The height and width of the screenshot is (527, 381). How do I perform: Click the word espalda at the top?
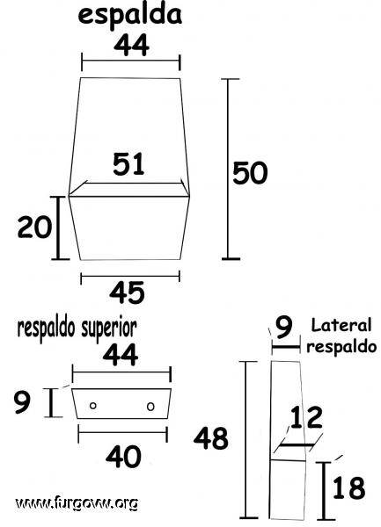[x=130, y=16]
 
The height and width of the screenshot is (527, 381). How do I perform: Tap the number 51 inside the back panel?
[x=128, y=164]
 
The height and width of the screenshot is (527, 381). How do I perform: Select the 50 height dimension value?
[x=250, y=173]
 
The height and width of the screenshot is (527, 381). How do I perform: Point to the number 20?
[x=34, y=227]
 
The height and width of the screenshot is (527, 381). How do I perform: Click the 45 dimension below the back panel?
[x=127, y=292]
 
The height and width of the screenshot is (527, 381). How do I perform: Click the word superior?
[x=109, y=328]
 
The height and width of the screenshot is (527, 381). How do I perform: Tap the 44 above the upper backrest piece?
[x=121, y=355]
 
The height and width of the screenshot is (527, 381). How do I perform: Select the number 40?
[x=123, y=457]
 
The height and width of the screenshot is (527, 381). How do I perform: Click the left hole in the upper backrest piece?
[x=93, y=406]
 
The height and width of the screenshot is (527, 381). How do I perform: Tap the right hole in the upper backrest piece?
[x=150, y=407]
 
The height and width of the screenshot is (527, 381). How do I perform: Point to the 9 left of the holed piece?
[x=22, y=402]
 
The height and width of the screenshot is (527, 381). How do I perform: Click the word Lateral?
[x=341, y=325]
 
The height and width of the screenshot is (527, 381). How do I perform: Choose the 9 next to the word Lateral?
[x=284, y=328]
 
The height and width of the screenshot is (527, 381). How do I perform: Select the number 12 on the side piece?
[x=306, y=418]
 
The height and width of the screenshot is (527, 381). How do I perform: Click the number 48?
[x=210, y=438]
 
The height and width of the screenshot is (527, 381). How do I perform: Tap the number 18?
[x=349, y=487]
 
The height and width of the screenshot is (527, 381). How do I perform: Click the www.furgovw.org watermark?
[x=77, y=503]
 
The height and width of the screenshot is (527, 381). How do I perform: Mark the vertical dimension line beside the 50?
[x=228, y=169]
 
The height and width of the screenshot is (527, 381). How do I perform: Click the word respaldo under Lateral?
[x=341, y=348]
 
